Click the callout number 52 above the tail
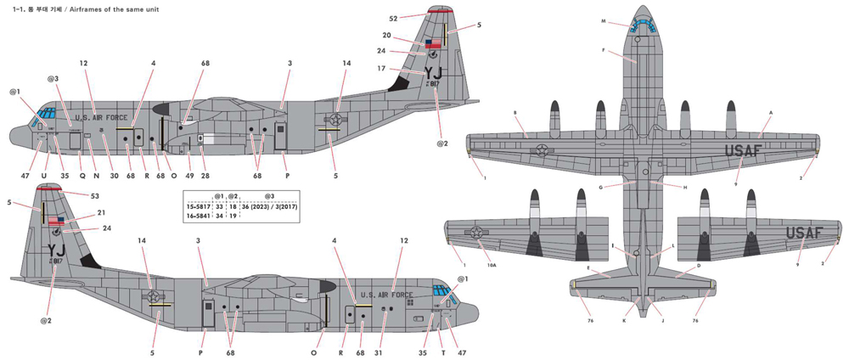(392, 17)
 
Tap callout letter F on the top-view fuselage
(603, 52)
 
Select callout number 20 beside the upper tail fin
(386, 36)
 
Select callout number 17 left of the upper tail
(383, 69)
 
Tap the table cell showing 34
(219, 217)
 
